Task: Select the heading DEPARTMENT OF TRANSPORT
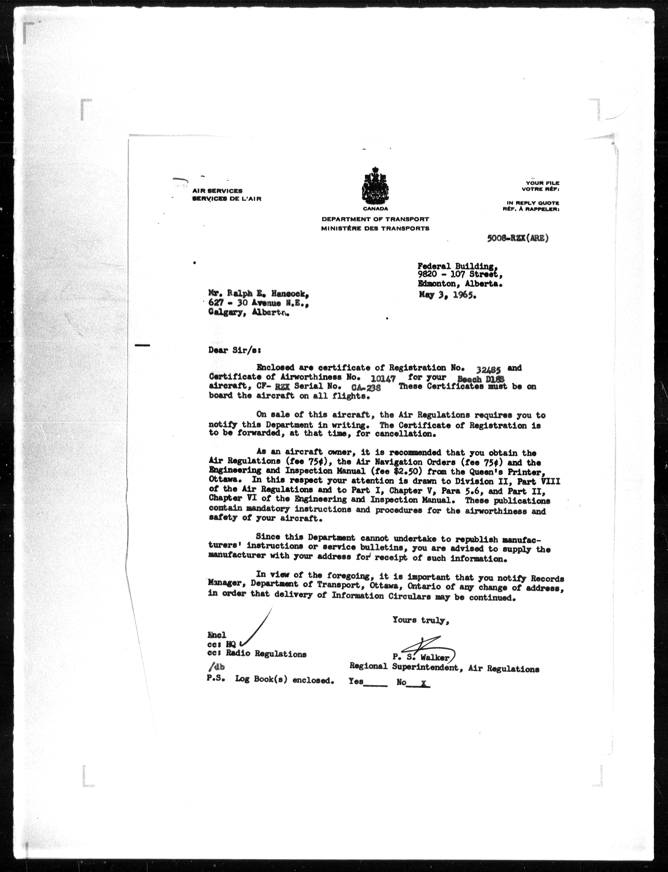[375, 219]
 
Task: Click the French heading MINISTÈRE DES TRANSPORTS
[375, 228]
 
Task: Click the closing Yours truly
[421, 619]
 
